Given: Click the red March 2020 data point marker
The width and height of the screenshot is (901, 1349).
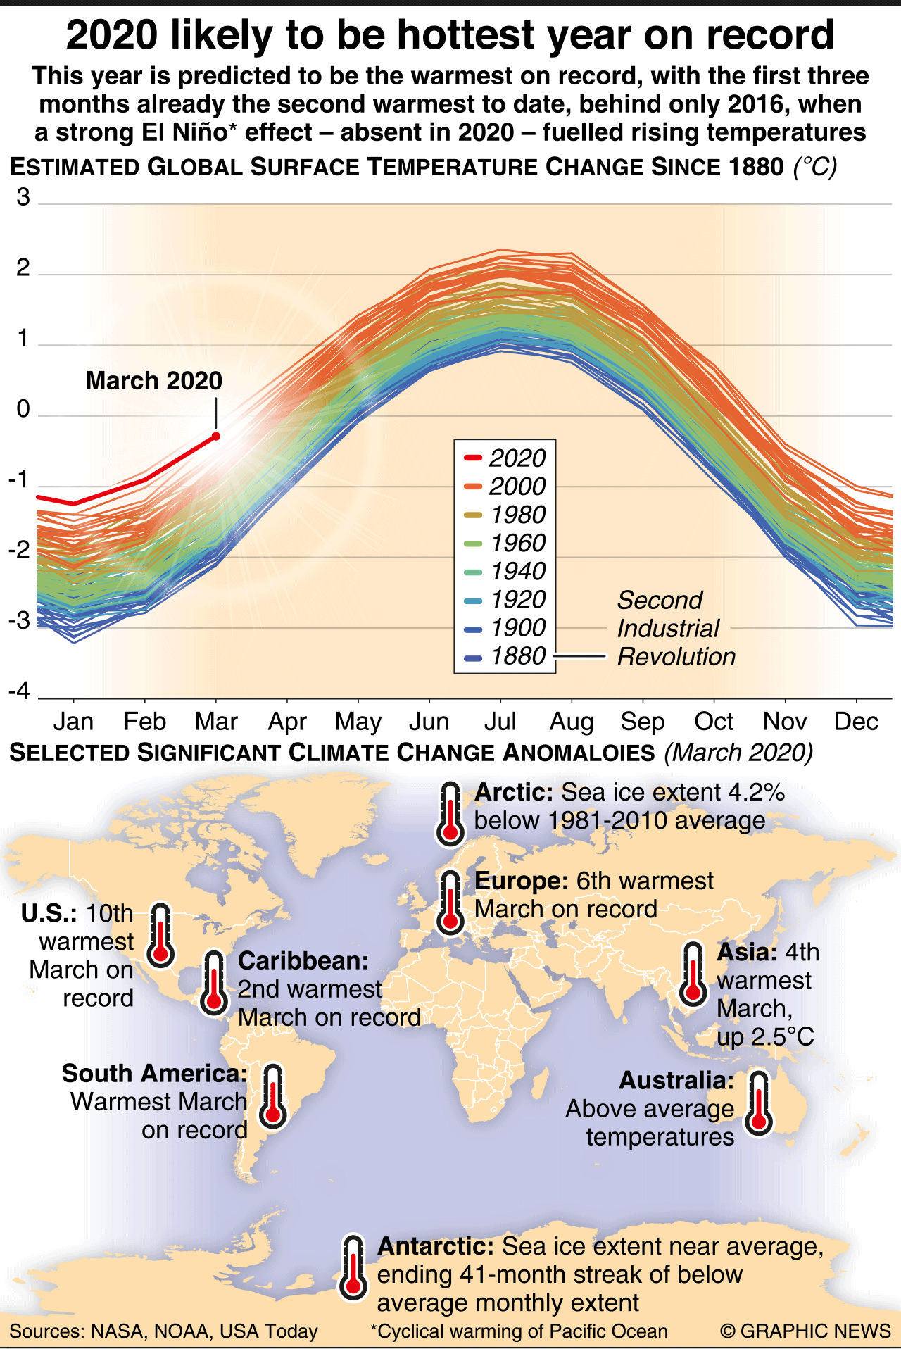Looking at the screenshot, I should [x=216, y=437].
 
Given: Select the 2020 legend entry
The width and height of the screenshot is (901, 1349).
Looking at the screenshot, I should [x=505, y=458].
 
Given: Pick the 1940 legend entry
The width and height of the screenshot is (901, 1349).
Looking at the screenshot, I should [x=505, y=571].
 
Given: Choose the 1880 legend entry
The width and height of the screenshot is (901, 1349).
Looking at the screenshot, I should [x=505, y=656].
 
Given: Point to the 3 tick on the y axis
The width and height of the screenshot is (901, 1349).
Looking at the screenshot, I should [x=23, y=198].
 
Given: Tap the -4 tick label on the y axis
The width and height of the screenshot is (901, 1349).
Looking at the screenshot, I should [x=20, y=691].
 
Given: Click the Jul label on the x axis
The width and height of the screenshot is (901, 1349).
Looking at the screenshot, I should [x=500, y=722].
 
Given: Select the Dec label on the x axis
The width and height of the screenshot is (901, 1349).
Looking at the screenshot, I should [x=856, y=722].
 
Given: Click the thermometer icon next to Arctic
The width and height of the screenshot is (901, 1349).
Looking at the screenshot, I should [x=450, y=814].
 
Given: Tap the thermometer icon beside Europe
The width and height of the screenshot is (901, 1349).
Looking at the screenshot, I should [x=450, y=902].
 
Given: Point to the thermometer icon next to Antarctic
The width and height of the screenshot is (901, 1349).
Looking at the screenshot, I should [x=353, y=1267].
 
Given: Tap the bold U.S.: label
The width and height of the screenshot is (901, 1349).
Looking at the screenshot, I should [x=49, y=914].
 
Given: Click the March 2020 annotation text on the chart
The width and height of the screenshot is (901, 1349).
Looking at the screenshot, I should [x=153, y=381].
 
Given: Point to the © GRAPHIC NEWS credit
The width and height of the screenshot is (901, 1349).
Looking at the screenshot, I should [x=805, y=1331].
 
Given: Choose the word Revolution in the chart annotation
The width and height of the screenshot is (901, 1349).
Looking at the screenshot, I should [x=676, y=657].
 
